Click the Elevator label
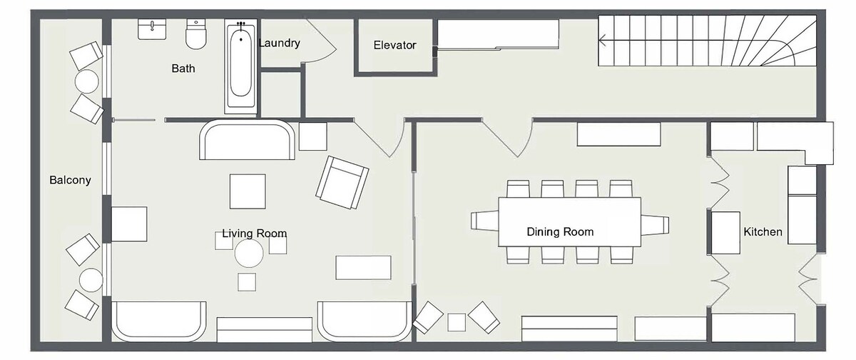394,45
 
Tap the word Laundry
280,43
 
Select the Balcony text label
71,180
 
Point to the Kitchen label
763,232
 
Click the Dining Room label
560,232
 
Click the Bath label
183,69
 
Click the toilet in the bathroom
196,34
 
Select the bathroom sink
152,29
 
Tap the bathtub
241,66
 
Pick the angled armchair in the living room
342,182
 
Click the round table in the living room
249,254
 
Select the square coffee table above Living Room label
248,191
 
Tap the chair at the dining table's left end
484,221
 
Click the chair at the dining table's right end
655,225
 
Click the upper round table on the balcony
87,81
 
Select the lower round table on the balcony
91,280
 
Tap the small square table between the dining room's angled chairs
457,323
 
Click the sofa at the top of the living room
247,139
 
